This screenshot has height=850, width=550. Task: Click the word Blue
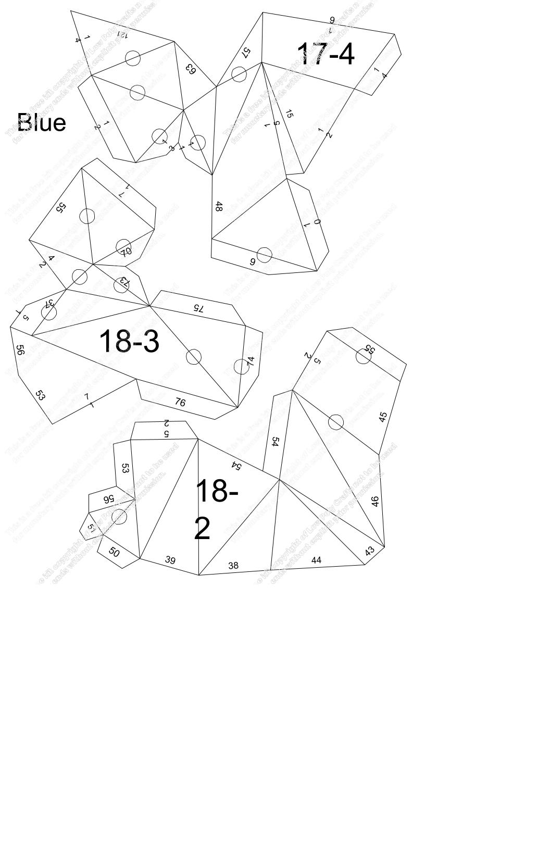[x=42, y=123]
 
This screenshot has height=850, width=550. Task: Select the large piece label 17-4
[x=326, y=54]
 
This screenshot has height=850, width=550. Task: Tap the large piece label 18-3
[x=129, y=342]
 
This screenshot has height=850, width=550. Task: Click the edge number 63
[x=191, y=69]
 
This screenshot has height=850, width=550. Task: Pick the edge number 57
[x=246, y=52]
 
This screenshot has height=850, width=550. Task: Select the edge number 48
[x=219, y=207]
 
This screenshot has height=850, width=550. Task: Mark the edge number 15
[x=290, y=114]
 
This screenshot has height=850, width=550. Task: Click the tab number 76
[x=180, y=402]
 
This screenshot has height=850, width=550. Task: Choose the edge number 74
[x=251, y=360]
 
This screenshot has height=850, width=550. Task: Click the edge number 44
[x=316, y=560]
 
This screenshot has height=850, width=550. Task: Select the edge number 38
[x=233, y=565]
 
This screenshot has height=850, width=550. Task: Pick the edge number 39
[x=170, y=560]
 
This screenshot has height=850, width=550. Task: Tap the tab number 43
[x=370, y=551]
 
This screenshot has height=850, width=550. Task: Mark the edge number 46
[x=376, y=501]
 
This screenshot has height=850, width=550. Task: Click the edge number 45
[x=383, y=417]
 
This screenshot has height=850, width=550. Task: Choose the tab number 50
[x=114, y=552]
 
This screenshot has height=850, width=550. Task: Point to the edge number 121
[x=122, y=34]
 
